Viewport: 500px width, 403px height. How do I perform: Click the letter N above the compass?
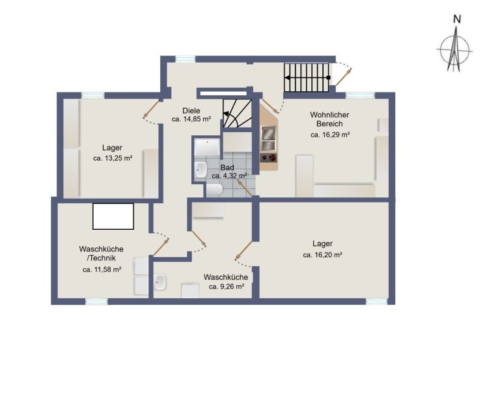457,20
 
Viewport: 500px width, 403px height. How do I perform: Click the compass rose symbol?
454,49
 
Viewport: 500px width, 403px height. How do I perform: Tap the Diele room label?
191,111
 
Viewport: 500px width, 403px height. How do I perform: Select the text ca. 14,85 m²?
191,119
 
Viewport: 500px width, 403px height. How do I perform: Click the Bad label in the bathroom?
227,167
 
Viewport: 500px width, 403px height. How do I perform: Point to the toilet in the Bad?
214,190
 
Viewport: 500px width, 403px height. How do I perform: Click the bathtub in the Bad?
207,147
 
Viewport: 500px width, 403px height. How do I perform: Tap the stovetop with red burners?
269,158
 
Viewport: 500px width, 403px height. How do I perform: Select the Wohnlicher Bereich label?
329,119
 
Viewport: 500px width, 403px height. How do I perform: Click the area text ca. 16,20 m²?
323,255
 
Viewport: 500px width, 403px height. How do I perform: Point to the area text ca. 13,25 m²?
113,158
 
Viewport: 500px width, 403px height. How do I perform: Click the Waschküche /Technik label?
102,253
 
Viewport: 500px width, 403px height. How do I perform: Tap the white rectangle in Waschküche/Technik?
113,217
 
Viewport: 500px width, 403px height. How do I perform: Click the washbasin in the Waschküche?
160,282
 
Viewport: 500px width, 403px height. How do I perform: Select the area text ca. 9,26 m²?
227,286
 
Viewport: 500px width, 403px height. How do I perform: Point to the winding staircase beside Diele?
237,113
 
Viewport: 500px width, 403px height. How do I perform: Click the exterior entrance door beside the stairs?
343,77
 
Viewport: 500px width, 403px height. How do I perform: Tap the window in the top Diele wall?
186,59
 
